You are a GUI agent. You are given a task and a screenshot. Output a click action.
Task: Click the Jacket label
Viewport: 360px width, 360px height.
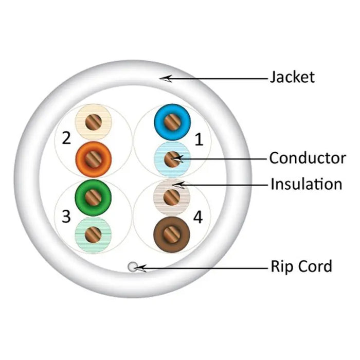point(292,78)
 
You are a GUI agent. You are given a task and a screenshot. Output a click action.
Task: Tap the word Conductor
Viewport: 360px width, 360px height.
point(307,158)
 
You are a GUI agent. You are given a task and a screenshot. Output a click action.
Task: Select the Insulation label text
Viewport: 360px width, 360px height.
point(306,184)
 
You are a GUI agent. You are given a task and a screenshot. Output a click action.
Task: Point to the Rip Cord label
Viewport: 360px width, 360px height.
point(301,266)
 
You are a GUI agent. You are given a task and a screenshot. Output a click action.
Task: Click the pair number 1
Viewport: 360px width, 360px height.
point(199,139)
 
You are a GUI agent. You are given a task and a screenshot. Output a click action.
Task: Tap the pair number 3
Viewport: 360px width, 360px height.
point(66,217)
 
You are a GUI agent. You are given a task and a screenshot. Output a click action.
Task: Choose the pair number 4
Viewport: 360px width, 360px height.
point(198,217)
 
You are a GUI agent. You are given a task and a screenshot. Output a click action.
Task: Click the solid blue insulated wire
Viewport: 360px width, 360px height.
point(172,122)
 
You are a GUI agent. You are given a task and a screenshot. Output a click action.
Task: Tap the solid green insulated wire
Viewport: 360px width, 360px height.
point(93,195)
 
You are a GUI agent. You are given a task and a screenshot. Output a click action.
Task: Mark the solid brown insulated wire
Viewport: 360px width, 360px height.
point(172,235)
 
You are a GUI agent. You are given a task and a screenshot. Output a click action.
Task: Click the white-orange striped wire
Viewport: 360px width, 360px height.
point(93,122)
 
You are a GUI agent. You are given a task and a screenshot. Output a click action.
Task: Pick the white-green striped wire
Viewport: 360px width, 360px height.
point(93,234)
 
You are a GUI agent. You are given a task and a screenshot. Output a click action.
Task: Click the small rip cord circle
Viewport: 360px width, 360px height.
point(133,266)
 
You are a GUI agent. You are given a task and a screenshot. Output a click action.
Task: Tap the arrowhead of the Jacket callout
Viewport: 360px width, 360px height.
point(163,78)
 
